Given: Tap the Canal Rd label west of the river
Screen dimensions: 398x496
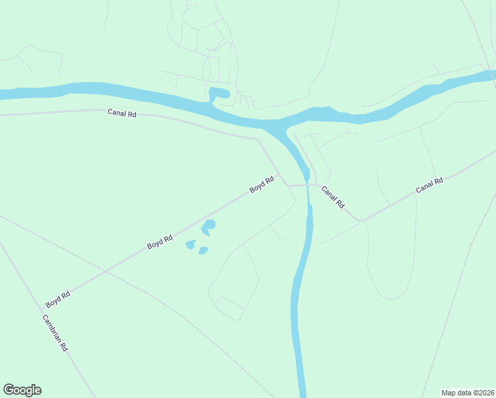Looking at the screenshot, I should coord(122,113).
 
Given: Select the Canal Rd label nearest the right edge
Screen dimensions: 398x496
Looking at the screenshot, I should coord(429,185).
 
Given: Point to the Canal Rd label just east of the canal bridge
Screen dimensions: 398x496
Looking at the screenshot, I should coord(333,198).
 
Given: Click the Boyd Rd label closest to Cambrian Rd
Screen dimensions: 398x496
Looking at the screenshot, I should coord(58,299).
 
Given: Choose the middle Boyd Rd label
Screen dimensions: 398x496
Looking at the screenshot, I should coord(160,241).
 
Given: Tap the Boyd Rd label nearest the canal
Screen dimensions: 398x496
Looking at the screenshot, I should coord(262,184).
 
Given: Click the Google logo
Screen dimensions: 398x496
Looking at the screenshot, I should coord(22,390).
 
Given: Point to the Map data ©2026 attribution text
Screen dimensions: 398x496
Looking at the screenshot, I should coord(467,393).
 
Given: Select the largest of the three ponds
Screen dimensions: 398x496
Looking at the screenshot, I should coord(208,226).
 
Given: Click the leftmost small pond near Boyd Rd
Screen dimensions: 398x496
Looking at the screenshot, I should coord(190,245).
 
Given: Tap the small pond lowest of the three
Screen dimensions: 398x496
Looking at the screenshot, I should coord(203,251).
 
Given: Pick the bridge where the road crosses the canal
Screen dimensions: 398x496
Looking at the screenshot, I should coord(308,185).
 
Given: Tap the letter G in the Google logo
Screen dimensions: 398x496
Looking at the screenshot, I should coord(9,389).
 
